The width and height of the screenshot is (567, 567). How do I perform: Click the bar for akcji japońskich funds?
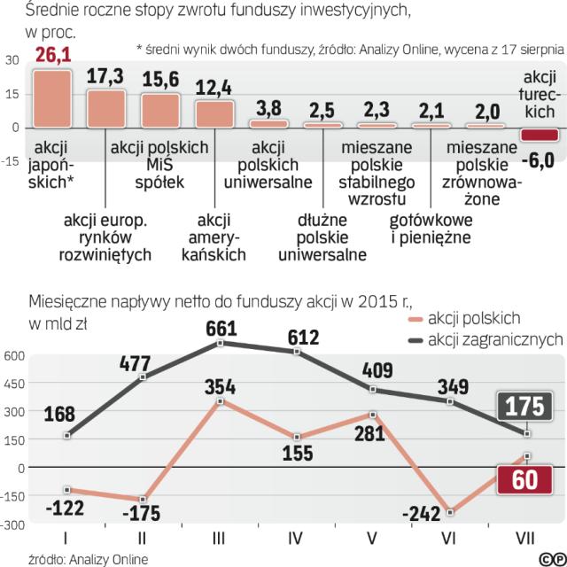click(x=51, y=98)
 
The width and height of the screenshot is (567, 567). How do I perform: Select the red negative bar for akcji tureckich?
click(x=539, y=136)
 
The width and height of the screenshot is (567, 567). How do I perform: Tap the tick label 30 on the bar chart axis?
click(x=12, y=61)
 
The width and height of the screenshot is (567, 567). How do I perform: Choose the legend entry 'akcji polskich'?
click(x=473, y=319)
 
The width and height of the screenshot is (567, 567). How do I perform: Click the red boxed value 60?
click(x=527, y=481)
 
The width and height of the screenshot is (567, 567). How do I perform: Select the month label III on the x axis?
click(x=219, y=538)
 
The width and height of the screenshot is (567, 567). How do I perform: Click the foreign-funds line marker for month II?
click(x=143, y=378)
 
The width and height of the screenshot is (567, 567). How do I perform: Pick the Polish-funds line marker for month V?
click(x=373, y=414)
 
